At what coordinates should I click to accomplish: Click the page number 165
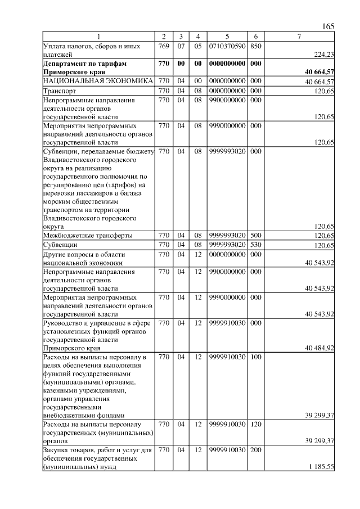tap(328, 26)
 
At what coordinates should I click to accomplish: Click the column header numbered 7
tap(299, 37)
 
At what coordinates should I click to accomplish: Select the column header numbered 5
tap(227, 37)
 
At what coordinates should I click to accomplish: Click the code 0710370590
tap(227, 46)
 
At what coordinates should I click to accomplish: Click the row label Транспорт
tap(60, 90)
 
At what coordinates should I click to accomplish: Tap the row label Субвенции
tap(62, 245)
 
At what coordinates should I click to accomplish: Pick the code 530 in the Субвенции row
tap(255, 245)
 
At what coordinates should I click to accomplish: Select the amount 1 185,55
tap(321, 467)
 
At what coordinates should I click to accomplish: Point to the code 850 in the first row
tap(255, 46)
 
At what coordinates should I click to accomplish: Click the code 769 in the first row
tap(164, 46)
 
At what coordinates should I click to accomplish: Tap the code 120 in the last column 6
tap(255, 424)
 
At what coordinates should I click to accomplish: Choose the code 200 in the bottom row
tap(255, 450)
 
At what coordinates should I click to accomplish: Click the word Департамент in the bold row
tap(69, 64)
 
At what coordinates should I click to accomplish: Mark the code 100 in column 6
tap(255, 357)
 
